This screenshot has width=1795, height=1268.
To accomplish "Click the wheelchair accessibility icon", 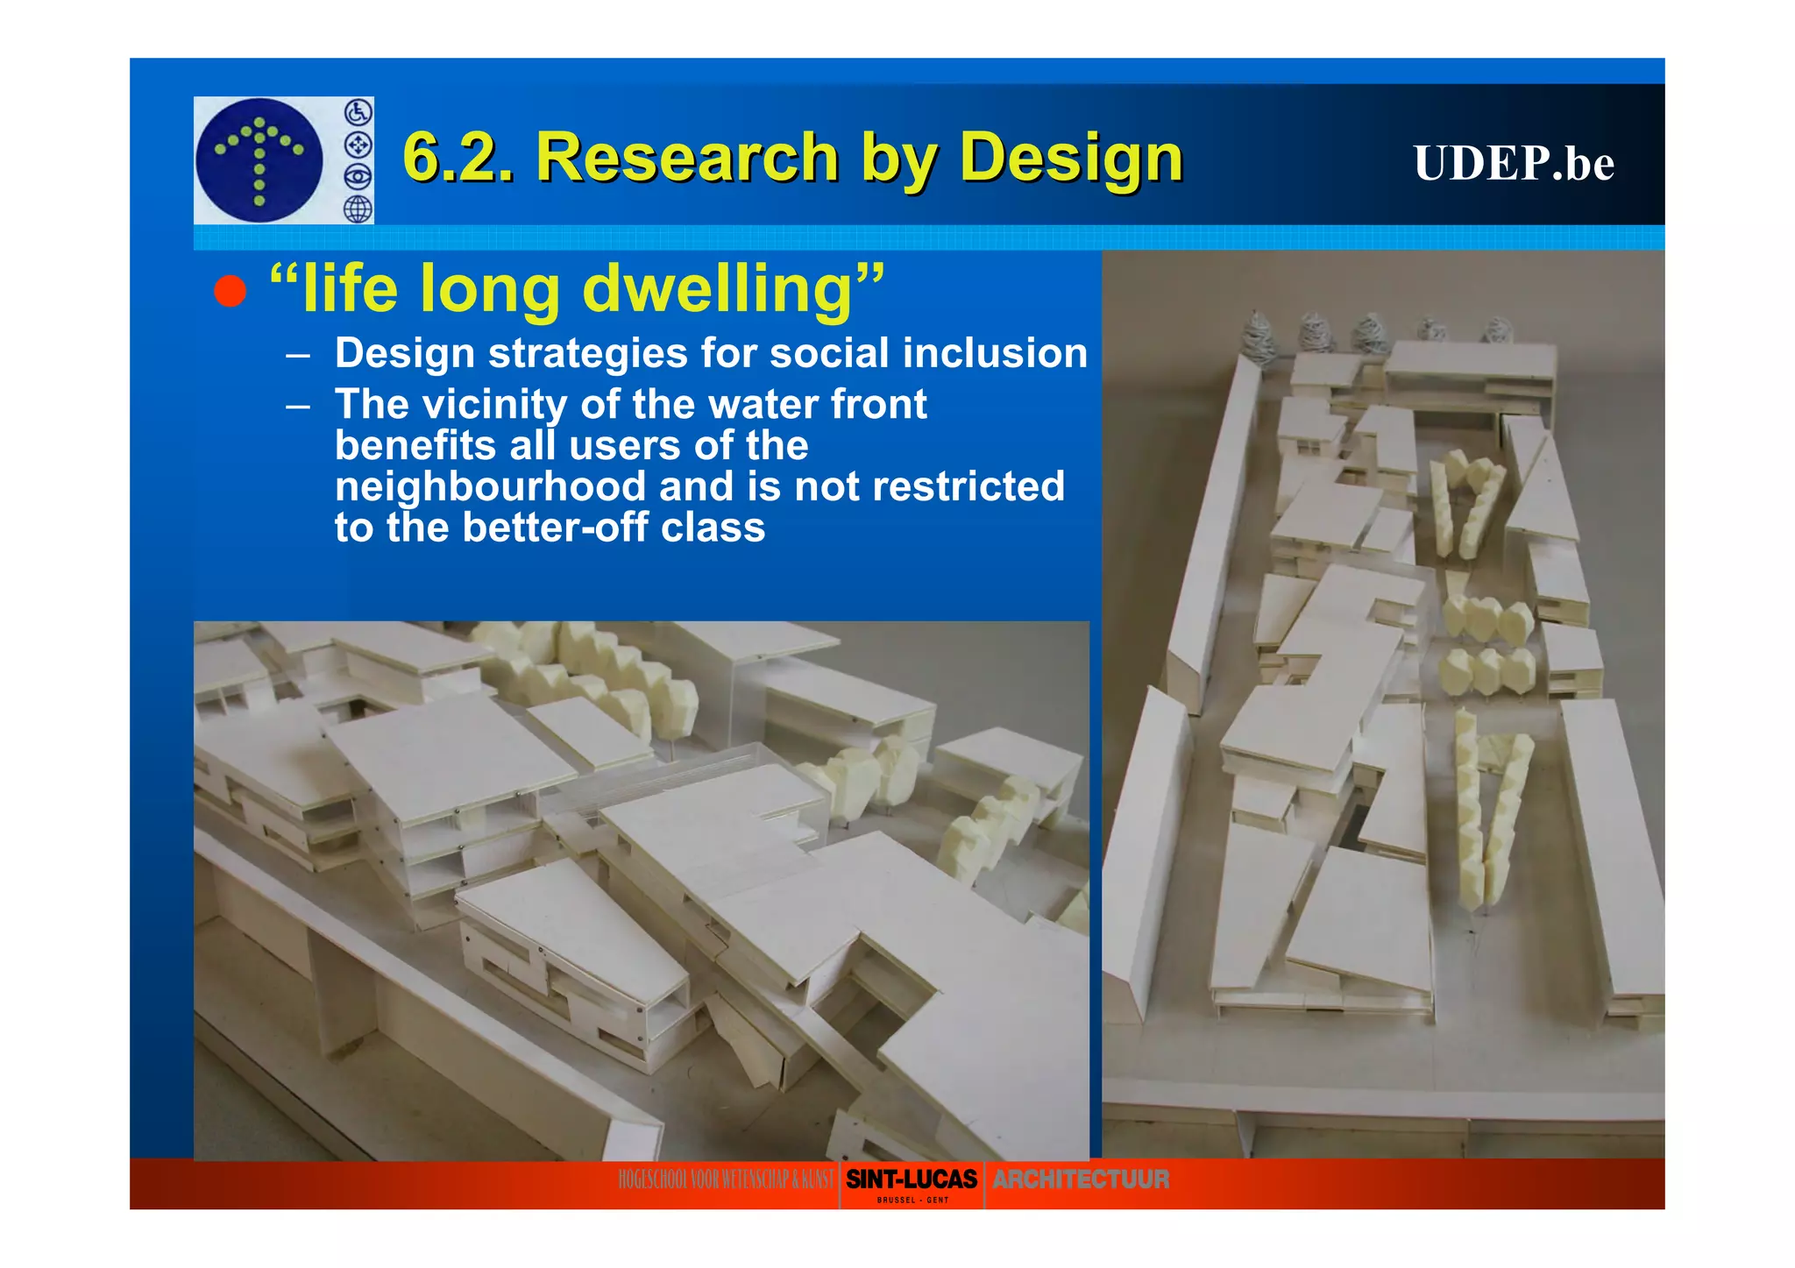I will [x=358, y=112].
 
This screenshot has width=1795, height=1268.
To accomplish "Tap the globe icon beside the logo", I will [x=358, y=209].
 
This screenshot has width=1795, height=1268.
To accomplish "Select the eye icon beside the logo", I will [x=358, y=177].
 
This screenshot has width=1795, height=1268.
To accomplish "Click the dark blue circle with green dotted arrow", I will [x=259, y=160].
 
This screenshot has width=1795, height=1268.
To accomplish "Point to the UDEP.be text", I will [x=1514, y=163].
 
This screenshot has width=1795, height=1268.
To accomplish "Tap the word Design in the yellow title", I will [x=1071, y=158].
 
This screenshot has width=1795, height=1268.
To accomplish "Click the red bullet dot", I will [x=230, y=291].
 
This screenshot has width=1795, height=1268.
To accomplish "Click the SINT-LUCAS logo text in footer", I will [x=912, y=1179].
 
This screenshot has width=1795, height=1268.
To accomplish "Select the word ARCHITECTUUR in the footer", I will [x=1081, y=1179].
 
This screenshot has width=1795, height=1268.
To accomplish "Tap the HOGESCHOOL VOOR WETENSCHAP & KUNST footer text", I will [x=726, y=1179].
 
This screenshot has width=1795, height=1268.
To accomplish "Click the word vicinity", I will [x=494, y=405].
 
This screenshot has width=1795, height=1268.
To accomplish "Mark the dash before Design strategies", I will [x=298, y=355].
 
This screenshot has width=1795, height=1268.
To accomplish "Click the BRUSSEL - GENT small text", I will [x=912, y=1200].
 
